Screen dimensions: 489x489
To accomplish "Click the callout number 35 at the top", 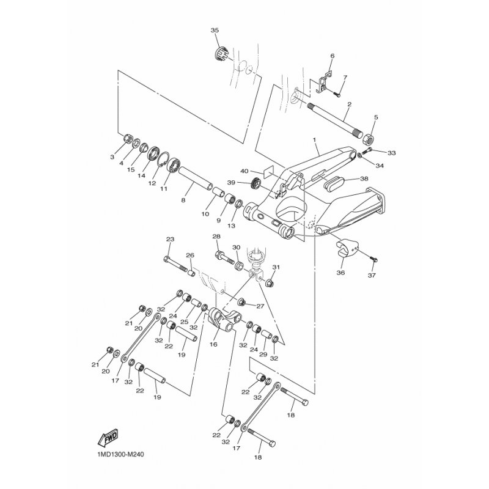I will click(x=214, y=31).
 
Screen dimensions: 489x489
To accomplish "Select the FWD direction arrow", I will click(x=108, y=438).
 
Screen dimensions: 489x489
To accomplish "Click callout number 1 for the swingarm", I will click(x=315, y=140).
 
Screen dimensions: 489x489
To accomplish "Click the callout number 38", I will click(x=365, y=179).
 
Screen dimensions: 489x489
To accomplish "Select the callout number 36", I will click(x=340, y=273).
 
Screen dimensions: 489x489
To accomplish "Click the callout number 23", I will click(x=170, y=239).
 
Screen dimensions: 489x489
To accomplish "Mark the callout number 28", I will click(x=216, y=237).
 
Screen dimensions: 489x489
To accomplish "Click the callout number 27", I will click(x=259, y=306).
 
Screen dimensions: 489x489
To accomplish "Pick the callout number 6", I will click(x=332, y=56).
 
